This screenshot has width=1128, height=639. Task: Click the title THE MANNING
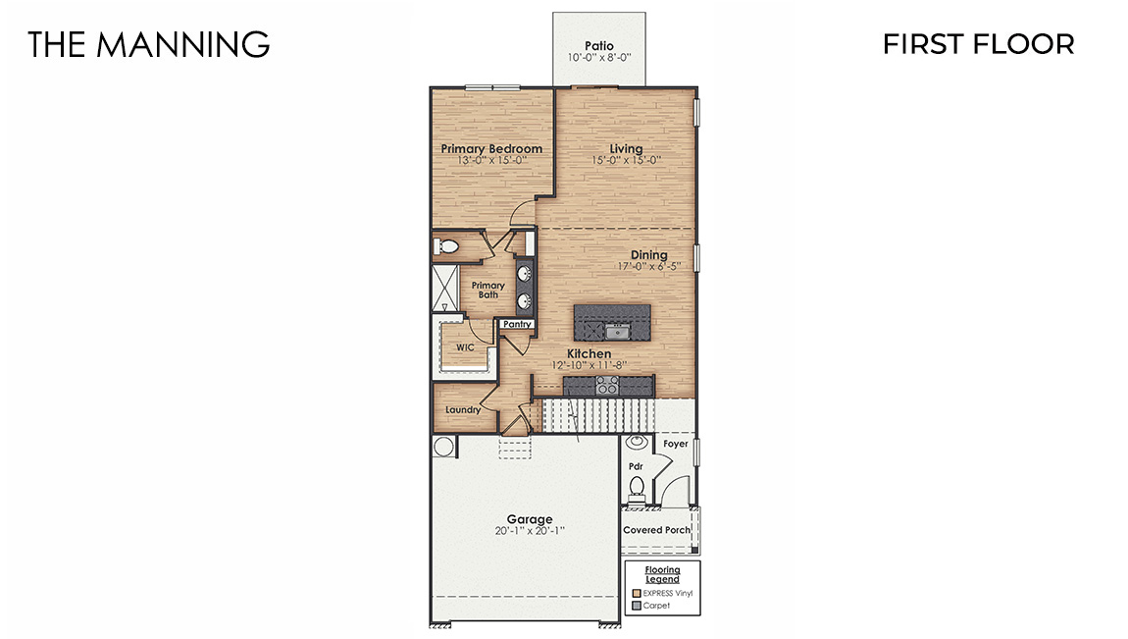click(148, 44)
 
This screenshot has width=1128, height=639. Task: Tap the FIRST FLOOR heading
click(978, 44)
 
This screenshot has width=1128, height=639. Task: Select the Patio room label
click(598, 45)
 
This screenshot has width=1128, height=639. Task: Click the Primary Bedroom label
click(491, 149)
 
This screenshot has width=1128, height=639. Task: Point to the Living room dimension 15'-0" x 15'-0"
click(626, 160)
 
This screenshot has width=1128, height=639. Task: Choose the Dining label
click(648, 255)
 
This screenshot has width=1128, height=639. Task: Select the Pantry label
click(517, 324)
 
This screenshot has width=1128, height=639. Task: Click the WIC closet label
click(465, 347)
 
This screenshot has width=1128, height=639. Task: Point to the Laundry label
click(462, 409)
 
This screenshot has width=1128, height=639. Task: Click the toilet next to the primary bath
click(446, 245)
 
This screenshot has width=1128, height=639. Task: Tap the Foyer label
click(676, 444)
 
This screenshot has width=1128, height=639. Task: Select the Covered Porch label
click(657, 530)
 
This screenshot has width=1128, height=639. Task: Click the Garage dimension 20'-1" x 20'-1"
click(530, 531)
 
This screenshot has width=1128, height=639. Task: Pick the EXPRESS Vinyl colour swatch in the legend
click(637, 594)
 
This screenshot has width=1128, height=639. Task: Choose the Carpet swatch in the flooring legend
click(637, 606)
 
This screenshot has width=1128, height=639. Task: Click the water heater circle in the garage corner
click(443, 447)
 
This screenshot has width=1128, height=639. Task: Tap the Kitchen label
click(589, 353)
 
